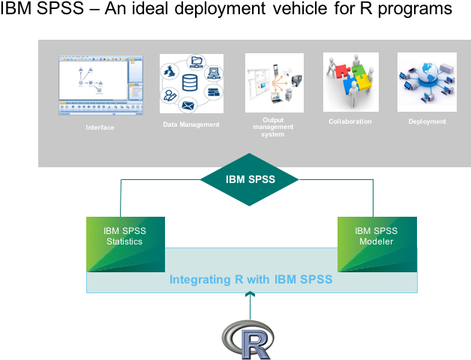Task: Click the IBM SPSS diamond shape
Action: click(x=249, y=179)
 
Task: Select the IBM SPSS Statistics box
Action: click(x=125, y=244)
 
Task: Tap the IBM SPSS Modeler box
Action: click(x=376, y=244)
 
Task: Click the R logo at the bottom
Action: click(x=247, y=340)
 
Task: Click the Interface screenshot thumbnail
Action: click(x=100, y=85)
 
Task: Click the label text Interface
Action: click(x=100, y=127)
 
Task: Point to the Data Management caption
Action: click(x=191, y=124)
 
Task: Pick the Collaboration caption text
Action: click(x=349, y=121)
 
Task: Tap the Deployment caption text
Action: click(x=427, y=121)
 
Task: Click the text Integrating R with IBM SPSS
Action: click(x=250, y=280)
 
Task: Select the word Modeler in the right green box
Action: click(x=376, y=241)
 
